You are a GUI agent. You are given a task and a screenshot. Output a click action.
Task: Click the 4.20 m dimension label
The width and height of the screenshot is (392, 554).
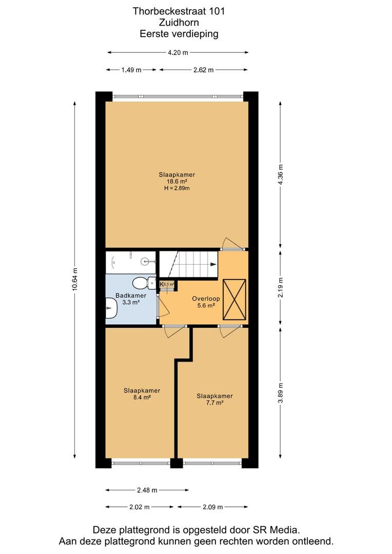178,53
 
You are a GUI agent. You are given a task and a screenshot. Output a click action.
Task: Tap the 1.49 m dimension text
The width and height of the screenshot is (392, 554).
131,70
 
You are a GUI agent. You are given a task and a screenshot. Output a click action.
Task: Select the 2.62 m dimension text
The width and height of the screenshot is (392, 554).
204,70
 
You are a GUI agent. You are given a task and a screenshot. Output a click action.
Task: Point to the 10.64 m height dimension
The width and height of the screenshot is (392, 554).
74,280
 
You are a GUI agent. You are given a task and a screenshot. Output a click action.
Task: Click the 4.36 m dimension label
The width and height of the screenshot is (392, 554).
281,175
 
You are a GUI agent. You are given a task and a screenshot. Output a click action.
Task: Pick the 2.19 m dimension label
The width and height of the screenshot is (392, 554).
281,287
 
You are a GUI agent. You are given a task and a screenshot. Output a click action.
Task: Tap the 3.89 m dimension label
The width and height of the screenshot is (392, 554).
281,393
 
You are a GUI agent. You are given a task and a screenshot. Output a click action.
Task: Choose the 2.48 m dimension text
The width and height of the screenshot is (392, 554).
147,490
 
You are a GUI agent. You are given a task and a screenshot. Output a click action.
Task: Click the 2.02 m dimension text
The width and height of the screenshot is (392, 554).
139,507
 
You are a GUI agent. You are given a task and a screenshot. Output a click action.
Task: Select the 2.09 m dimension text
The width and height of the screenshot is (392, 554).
213,507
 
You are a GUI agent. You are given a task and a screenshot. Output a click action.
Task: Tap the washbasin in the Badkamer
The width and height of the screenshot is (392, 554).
111,308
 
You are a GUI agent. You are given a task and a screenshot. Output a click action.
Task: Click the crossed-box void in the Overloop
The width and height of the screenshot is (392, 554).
234,300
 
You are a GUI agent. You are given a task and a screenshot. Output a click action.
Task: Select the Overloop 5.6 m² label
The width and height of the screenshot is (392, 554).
206,302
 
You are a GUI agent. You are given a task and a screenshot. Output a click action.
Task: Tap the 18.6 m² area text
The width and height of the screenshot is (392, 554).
177,182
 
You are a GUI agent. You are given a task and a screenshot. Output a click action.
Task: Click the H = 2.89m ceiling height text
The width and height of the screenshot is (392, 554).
177,188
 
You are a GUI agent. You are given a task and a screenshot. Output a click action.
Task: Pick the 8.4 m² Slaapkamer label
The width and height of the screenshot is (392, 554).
142,394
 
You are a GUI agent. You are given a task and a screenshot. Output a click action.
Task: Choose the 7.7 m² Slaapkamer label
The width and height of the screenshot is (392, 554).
214,399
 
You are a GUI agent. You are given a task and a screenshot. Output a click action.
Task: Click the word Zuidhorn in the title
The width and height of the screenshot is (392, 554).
179,23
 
